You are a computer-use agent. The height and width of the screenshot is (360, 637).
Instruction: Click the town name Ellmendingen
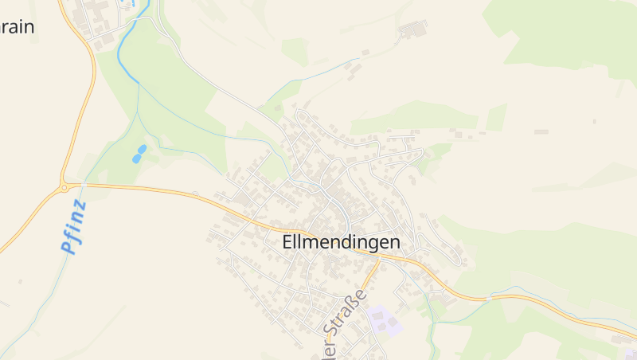coord(341,242)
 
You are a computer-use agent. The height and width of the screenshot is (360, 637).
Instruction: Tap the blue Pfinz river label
coord(73,228)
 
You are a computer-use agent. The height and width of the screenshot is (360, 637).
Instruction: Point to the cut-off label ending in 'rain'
coord(18,26)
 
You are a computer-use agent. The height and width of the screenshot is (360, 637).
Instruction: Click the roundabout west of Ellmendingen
coord(64,188)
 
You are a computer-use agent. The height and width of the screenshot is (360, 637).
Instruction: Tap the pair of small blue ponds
coord(139,154)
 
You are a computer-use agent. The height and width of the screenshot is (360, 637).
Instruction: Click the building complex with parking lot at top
coord(412,30)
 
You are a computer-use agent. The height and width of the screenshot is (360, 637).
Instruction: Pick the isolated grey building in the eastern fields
coord(541,131)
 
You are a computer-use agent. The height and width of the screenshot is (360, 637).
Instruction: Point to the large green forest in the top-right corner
coord(573,32)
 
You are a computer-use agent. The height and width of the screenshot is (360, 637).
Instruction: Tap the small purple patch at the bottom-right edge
coord(629,351)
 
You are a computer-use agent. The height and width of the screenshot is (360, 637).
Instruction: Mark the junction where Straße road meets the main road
coord(379,257)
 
